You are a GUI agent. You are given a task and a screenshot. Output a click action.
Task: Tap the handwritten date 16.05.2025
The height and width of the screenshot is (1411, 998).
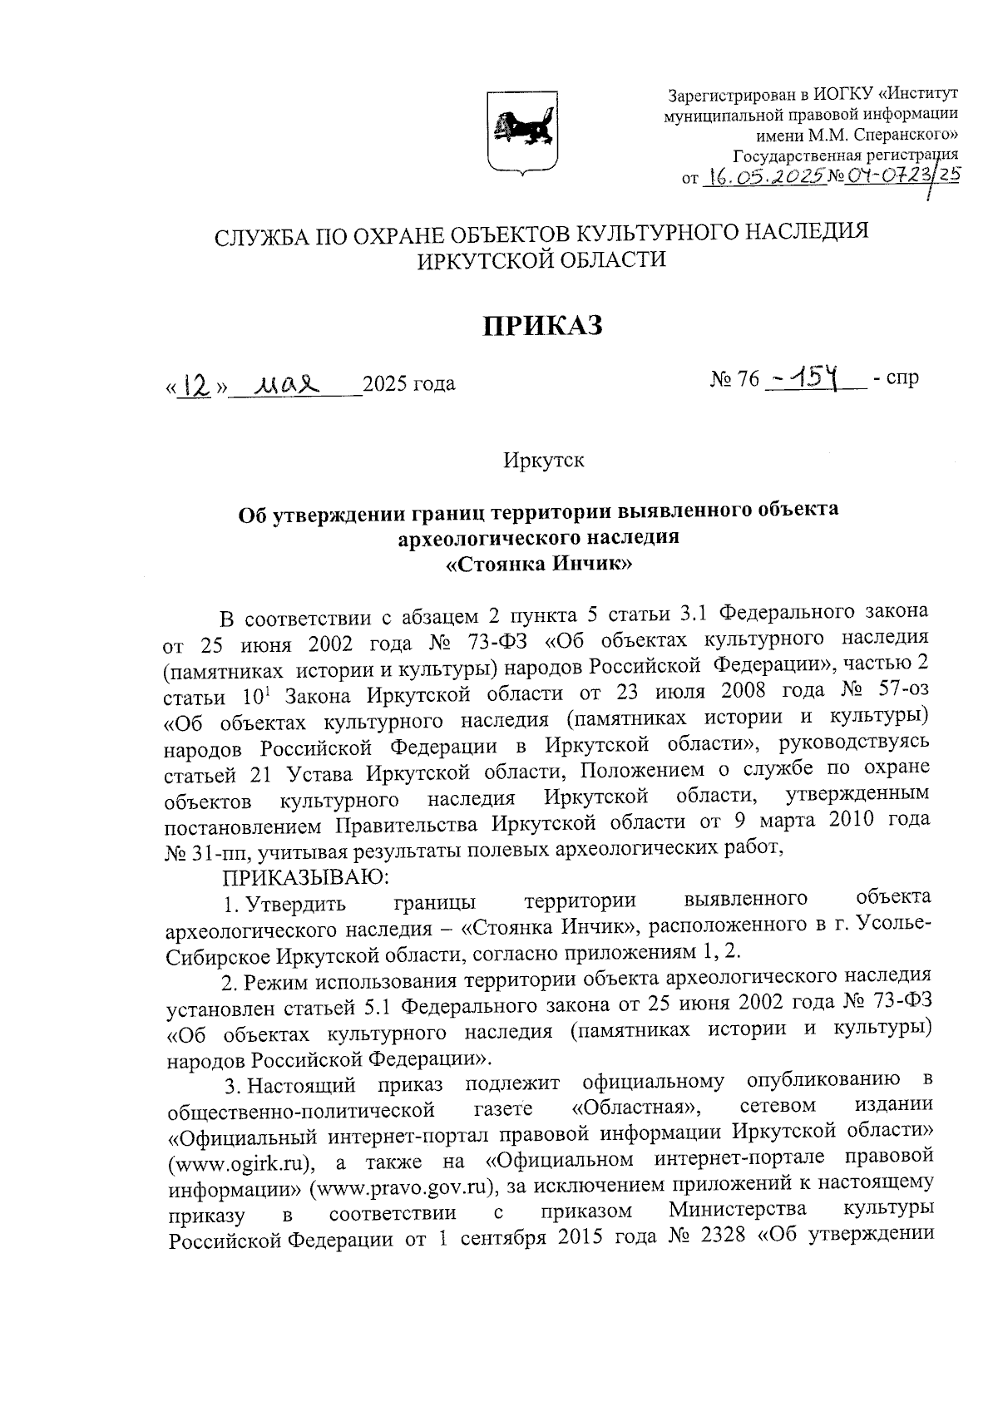coord(763,176)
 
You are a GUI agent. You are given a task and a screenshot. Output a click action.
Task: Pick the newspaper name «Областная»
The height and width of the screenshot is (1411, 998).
coord(635,1108)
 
